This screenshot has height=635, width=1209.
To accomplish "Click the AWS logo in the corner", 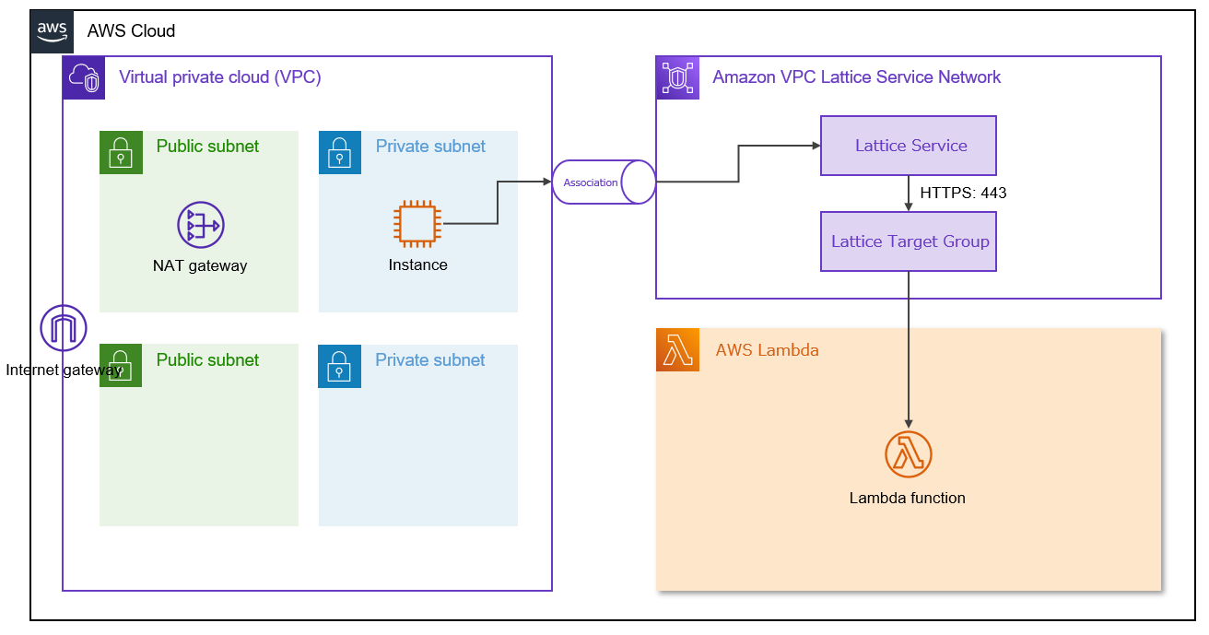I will click(53, 30).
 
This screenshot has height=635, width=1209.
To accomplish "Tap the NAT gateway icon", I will click(201, 225).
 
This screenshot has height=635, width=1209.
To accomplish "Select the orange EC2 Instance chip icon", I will click(417, 224).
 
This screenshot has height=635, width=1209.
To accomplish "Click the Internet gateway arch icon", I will click(64, 328).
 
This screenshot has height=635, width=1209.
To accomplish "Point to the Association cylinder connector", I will click(604, 182).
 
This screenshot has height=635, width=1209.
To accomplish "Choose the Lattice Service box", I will click(909, 146).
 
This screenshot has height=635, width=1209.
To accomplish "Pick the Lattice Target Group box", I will click(909, 241).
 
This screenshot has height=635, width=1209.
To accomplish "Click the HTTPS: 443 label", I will click(963, 194).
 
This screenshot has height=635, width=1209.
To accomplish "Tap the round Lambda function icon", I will click(909, 454).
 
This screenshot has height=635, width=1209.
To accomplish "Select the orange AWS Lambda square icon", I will click(677, 350).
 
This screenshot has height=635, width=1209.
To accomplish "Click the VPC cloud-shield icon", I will click(84, 77).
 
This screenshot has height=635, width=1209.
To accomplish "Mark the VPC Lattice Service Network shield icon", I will click(677, 77).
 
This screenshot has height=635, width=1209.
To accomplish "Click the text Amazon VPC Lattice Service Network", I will click(856, 77).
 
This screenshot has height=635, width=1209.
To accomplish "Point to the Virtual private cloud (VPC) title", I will click(220, 77).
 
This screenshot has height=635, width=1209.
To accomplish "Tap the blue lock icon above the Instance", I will click(340, 152).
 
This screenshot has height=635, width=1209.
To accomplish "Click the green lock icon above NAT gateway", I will click(121, 152).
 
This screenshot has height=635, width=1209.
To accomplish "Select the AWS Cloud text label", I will click(131, 30).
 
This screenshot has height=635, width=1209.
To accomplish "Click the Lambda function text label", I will click(908, 498).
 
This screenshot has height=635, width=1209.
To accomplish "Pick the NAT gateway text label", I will click(200, 265).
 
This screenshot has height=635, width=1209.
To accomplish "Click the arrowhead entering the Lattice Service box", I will click(815, 146).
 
